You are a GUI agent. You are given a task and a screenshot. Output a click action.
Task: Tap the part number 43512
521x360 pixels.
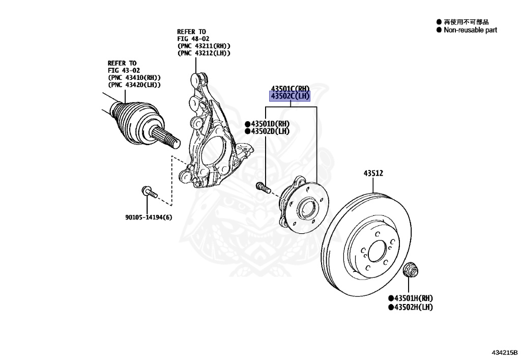point(373,174)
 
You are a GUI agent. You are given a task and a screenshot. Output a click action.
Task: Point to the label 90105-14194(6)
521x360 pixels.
point(148,217)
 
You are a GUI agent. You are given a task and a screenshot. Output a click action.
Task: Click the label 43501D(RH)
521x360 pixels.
point(270,124)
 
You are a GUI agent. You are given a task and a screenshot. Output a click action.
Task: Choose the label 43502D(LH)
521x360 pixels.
point(269,131)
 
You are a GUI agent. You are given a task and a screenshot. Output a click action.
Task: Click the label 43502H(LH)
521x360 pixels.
point(413,307)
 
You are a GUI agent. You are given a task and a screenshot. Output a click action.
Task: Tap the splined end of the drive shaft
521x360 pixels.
point(165,135)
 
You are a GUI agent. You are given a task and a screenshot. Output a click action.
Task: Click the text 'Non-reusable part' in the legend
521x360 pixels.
point(470,30)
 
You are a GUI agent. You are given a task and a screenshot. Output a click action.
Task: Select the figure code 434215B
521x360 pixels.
point(504,352)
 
